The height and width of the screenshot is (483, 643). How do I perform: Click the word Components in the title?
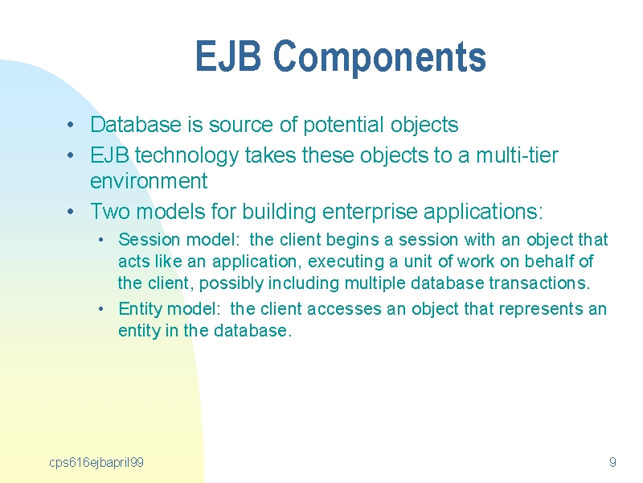click(379, 56)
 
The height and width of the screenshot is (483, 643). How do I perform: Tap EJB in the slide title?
click(228, 56)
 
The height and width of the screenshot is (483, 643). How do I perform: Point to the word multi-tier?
click(517, 155)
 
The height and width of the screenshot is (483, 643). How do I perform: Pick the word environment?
click(149, 181)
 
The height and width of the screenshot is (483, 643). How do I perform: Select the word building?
click(279, 212)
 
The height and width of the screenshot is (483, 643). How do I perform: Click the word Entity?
click(140, 309)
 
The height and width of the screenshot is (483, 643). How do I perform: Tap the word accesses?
click(344, 309)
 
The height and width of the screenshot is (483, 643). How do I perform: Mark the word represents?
click(541, 310)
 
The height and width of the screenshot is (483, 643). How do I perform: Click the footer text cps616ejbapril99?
click(96, 463)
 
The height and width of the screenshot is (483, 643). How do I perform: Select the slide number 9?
click(612, 462)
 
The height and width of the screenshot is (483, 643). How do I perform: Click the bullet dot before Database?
click(71, 125)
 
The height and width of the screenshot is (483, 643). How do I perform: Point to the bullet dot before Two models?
click(71, 212)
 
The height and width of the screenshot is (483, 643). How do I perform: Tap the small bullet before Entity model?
click(101, 309)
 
